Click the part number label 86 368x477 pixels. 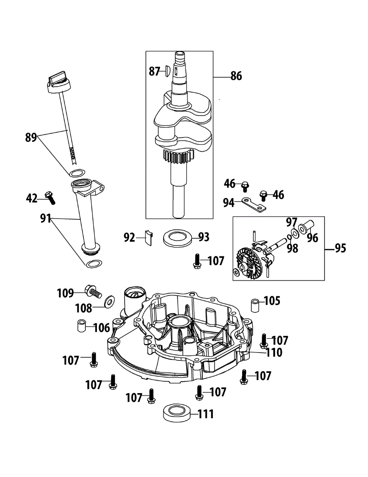[236, 76]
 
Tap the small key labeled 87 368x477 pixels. [167, 71]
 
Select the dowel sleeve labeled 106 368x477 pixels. [81, 326]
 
